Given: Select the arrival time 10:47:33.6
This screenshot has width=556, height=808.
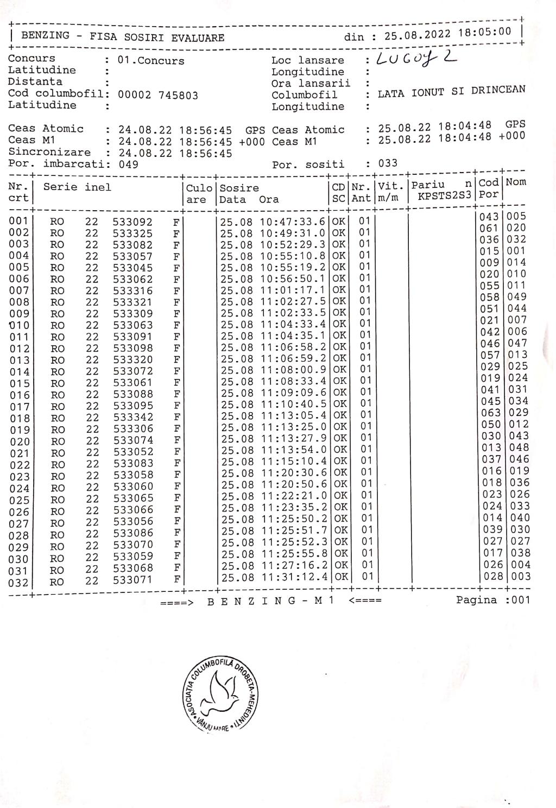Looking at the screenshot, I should pyautogui.click(x=294, y=222).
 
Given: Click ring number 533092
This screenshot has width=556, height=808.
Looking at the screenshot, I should pyautogui.click(x=133, y=222).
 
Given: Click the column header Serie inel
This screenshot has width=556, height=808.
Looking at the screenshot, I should pyautogui.click(x=77, y=187).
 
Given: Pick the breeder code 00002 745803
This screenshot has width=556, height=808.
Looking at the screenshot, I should pyautogui.click(x=158, y=95).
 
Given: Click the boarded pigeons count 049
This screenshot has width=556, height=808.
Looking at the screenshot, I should pyautogui.click(x=128, y=164).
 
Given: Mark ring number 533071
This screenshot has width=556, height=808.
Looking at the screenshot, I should pyautogui.click(x=134, y=580).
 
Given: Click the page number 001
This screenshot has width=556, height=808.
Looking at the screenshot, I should pyautogui.click(x=520, y=600).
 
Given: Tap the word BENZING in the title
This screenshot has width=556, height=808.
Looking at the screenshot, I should pyautogui.click(x=45, y=36).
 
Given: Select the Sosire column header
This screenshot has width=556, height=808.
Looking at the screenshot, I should pyautogui.click(x=239, y=188).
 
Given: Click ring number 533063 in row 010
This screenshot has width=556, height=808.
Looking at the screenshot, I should pyautogui.click(x=133, y=325).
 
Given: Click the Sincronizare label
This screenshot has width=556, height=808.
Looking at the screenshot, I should pyautogui.click(x=49, y=152).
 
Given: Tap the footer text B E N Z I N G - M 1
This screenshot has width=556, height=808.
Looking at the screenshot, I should pyautogui.click(x=270, y=601).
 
